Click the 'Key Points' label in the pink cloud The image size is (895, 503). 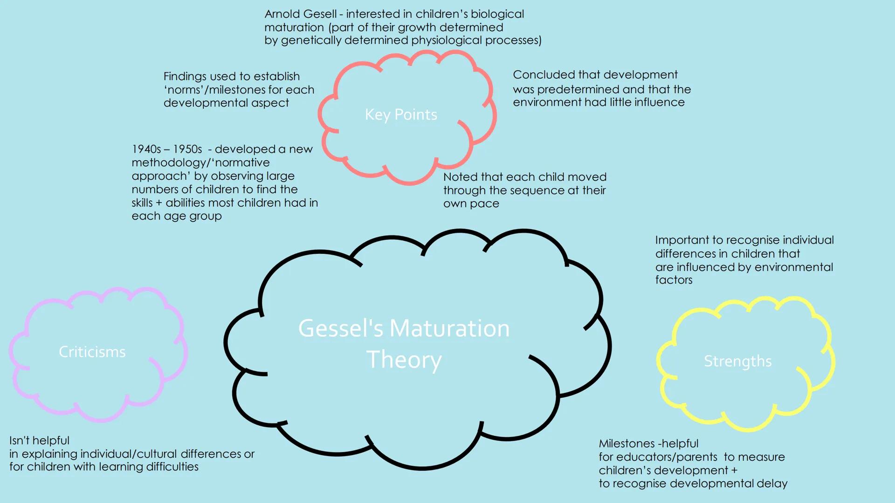click(401, 115)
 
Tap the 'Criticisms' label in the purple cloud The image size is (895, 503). click(92, 352)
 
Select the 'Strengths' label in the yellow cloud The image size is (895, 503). click(738, 361)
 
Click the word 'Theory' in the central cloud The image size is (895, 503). click(404, 360)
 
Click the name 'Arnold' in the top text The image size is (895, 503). click(282, 14)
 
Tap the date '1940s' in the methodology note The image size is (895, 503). click(146, 149)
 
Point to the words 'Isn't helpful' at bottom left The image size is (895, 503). click(39, 441)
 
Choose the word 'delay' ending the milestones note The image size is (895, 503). click(771, 483)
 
